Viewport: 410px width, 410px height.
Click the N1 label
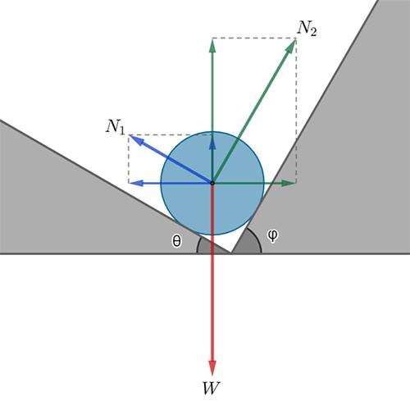coord(116,127)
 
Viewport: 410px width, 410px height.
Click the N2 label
coord(307,29)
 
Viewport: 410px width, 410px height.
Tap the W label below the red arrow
coord(211,388)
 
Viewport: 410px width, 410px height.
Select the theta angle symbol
coord(176,241)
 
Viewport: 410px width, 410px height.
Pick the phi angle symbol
coord(272,235)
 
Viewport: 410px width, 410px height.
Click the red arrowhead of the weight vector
coord(212,368)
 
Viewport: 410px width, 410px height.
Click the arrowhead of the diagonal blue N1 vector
coord(136,140)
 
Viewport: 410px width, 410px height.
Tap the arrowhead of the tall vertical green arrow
coord(212,46)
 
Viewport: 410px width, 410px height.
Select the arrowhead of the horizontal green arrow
coord(289,183)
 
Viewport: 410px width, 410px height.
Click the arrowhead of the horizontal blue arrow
coord(136,183)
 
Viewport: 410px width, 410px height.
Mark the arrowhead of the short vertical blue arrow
coord(212,143)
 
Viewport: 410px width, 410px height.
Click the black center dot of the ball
coord(212,183)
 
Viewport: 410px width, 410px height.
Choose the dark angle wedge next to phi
coord(248,244)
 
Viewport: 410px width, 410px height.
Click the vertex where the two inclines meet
coord(231,253)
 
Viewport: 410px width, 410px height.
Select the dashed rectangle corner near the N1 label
coord(129,134)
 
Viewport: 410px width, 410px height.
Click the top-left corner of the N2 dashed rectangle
coord(212,38)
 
